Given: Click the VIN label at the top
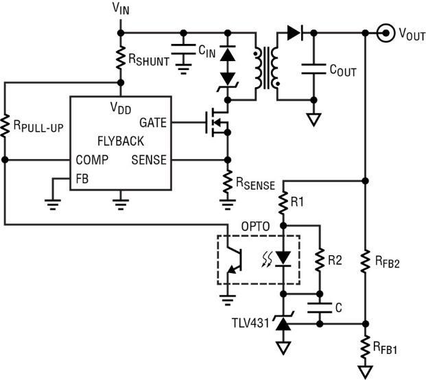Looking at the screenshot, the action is (x=121, y=9).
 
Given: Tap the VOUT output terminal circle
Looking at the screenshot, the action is (x=386, y=33).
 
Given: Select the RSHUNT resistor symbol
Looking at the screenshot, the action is (x=121, y=58).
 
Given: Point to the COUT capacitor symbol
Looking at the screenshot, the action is (x=313, y=69).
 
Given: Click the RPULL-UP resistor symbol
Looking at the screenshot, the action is (x=5, y=126).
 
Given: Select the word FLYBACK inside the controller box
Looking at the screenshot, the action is (x=121, y=141).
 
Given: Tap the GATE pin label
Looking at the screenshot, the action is (x=153, y=123).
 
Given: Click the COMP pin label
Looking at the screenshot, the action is (x=92, y=160).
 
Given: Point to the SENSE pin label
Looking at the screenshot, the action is (x=149, y=160).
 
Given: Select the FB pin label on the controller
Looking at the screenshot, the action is (x=82, y=179).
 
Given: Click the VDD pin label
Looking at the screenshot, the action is (x=121, y=108).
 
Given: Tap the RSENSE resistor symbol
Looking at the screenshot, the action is (x=228, y=182).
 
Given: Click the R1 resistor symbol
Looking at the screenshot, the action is (x=283, y=202).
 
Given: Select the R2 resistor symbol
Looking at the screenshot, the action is (x=320, y=259).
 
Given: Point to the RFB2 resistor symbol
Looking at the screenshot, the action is (x=366, y=261).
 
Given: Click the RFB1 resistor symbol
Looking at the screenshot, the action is (x=366, y=346).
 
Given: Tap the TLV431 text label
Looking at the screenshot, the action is (x=250, y=323).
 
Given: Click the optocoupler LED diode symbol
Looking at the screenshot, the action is (x=283, y=259).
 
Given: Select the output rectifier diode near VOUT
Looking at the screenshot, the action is (x=295, y=33).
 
